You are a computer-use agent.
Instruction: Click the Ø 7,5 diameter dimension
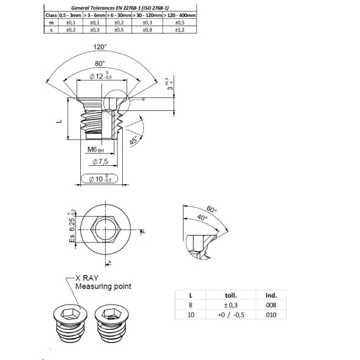pyautogui.click(x=99, y=161)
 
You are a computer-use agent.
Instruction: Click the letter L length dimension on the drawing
pyautogui.click(x=58, y=120)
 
